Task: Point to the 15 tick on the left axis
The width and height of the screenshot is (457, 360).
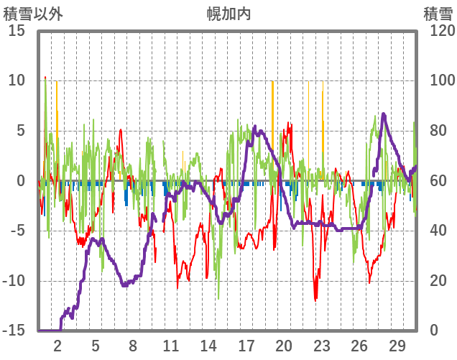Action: [x=17, y=31]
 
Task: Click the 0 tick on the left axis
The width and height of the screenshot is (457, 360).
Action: [x=21, y=181]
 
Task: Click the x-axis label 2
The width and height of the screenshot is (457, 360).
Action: [x=57, y=344]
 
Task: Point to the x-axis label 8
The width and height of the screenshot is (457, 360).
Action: [x=133, y=344]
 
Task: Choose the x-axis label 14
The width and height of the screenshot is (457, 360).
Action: [x=208, y=344]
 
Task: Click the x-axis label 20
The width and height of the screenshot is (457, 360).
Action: [x=284, y=344]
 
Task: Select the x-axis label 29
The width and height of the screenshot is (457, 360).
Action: [x=397, y=344]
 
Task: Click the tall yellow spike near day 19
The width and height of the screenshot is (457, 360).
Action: [x=272, y=93]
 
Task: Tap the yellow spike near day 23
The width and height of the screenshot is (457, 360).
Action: [x=323, y=108]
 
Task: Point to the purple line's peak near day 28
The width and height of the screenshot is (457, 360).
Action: [x=384, y=114]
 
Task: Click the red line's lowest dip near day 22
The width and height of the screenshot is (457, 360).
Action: [x=315, y=298]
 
